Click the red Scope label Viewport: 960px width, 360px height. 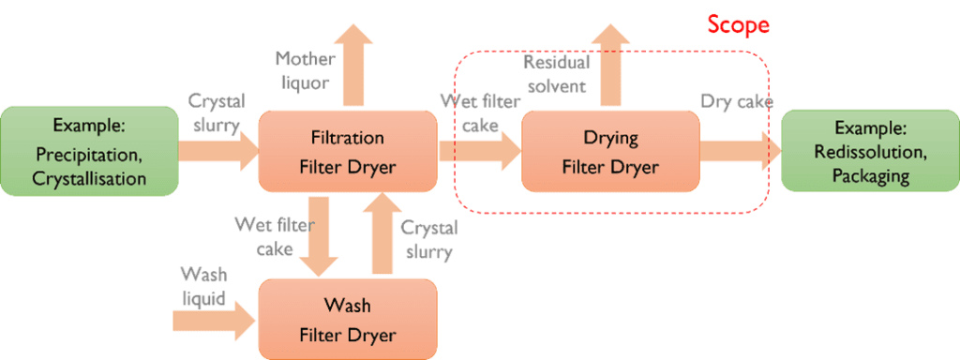(739, 24)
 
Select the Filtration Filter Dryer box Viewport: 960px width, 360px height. (347, 151)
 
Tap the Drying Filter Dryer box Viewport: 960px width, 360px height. (610, 152)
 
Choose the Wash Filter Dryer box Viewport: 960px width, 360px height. (347, 320)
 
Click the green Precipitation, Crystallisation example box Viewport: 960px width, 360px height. (89, 151)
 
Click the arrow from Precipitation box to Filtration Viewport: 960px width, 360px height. (218, 151)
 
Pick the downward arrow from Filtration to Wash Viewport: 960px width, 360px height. (317, 235)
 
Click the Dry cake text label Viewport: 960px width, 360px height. (736, 101)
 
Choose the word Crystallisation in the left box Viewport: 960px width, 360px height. (90, 176)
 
